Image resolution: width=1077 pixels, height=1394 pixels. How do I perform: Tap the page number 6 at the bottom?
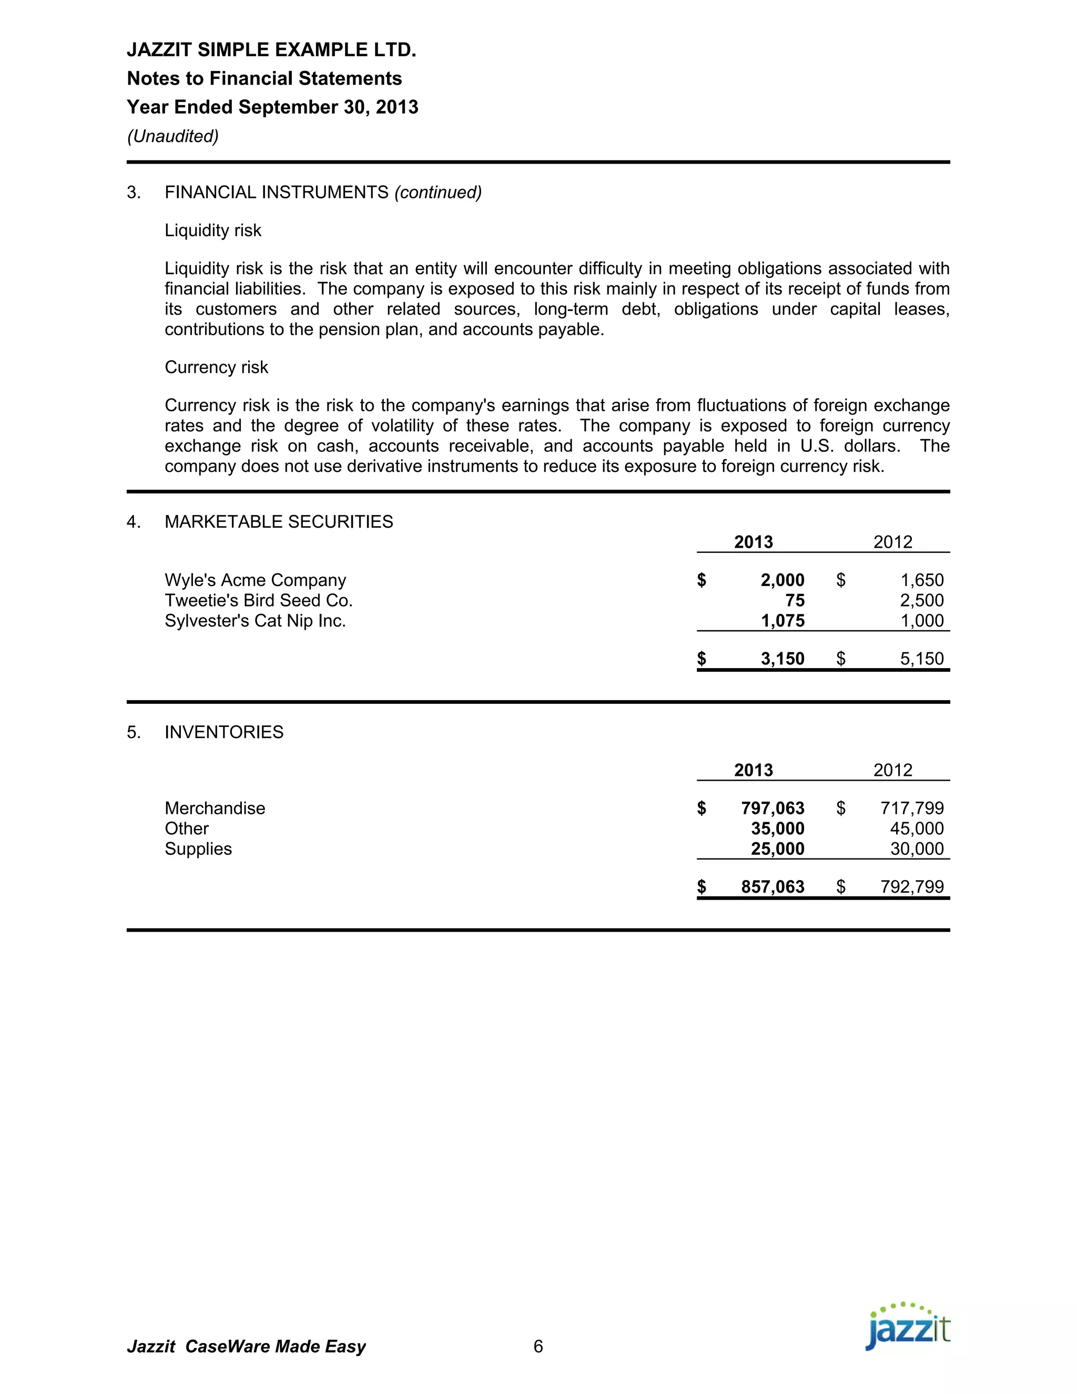pyautogui.click(x=538, y=1347)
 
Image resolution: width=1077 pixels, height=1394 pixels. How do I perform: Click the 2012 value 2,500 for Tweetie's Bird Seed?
pyautogui.click(x=921, y=601)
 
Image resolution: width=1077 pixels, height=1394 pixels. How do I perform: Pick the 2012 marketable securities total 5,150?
pyautogui.click(x=921, y=659)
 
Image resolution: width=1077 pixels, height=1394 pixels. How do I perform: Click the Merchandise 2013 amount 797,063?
pyautogui.click(x=772, y=809)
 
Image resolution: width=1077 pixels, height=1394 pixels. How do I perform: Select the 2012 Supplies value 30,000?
pyautogui.click(x=916, y=849)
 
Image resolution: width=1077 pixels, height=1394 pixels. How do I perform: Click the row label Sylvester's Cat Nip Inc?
pyautogui.click(x=255, y=621)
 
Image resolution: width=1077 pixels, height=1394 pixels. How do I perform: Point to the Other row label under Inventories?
pyautogui.click(x=186, y=829)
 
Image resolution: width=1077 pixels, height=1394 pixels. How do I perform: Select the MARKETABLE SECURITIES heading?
pyautogui.click(x=279, y=522)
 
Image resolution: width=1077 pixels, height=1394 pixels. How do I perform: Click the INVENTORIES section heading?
pyautogui.click(x=224, y=732)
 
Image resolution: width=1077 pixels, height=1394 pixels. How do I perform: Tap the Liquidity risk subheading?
pyautogui.click(x=213, y=230)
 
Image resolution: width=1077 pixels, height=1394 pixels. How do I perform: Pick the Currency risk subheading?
pyautogui.click(x=216, y=368)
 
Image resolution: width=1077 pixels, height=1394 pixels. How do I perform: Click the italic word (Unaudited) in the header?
pyautogui.click(x=173, y=136)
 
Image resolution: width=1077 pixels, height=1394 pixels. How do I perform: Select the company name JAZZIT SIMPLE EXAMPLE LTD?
pyautogui.click(x=271, y=50)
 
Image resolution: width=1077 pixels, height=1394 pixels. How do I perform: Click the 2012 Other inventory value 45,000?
pyautogui.click(x=916, y=829)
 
